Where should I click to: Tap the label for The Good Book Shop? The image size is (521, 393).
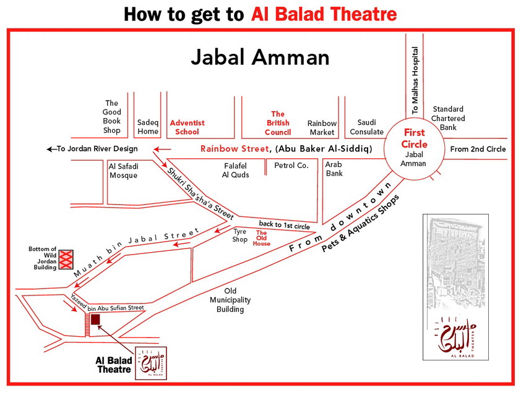point(111,117)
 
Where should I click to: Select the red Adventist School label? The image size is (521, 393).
point(187,127)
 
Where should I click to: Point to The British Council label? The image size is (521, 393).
point(278,123)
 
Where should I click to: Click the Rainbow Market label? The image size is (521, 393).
point(322,128)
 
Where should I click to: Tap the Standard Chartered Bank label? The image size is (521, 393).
point(449,118)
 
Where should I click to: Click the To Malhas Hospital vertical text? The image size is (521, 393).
point(415,80)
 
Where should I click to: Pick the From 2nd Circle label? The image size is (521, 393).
point(478,149)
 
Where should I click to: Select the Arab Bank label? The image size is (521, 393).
point(334,169)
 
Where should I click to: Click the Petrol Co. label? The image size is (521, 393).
point(291,166)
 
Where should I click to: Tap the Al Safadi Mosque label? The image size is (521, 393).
point(123,171)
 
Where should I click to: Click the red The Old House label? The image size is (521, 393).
point(261,239)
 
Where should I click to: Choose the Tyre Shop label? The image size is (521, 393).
point(239,235)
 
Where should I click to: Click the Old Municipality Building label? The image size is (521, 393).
point(230,300)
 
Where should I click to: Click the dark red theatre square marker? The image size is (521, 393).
point(95,319)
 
